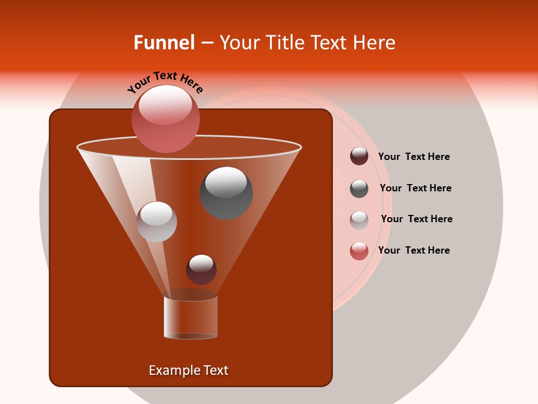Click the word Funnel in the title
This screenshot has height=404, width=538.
coord(164,43)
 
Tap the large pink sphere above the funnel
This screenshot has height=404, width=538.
coord(166,118)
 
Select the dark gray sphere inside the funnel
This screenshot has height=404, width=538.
coord(226,192)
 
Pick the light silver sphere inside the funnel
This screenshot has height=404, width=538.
coord(156,222)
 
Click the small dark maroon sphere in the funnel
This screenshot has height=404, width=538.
coord(201,269)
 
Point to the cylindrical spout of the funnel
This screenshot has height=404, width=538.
coord(191,317)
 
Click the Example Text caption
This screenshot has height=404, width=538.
coord(188,370)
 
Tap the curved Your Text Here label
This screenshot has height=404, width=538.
coord(165,82)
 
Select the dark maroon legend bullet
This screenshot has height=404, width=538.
coord(359,156)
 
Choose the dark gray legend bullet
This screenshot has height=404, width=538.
coord(359,189)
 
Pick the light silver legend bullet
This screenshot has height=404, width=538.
coord(359,220)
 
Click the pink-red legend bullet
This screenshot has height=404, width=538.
coord(359,251)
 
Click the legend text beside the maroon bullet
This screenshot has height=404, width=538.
coord(414,157)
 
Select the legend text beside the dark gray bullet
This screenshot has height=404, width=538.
coord(415,188)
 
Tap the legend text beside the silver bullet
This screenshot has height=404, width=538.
coord(416,219)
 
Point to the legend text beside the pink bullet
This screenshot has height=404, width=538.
coord(414,250)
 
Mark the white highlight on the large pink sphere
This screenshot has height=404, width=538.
coord(165,105)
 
